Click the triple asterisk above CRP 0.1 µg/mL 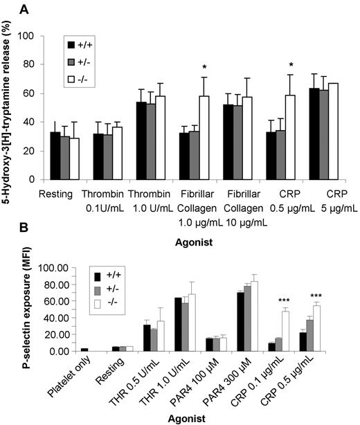pos(304,299)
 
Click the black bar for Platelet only pos(84,350)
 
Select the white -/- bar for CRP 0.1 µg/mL pos(304,331)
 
